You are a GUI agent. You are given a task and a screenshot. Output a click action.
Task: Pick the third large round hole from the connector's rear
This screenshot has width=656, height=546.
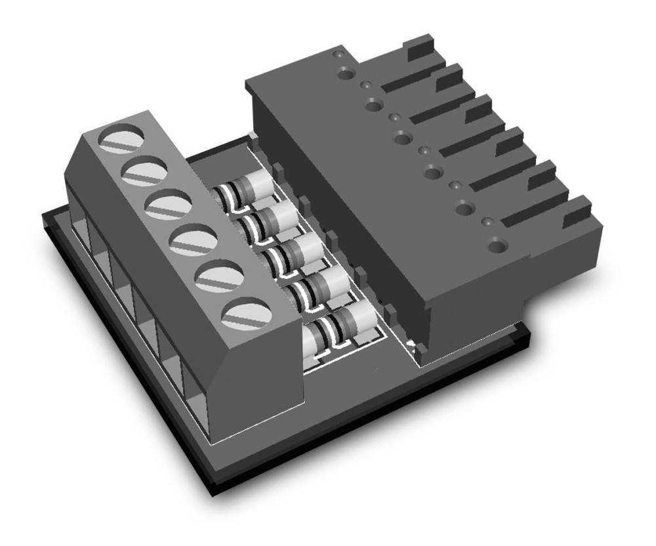click(x=403, y=136)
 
